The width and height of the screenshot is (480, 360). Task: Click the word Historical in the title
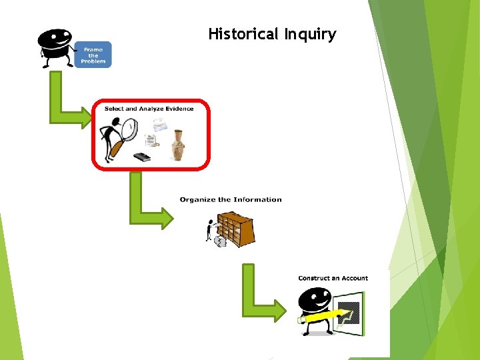point(243,34)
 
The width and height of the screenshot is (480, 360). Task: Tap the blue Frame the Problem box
point(93,54)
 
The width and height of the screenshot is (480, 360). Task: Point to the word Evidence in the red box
point(176,109)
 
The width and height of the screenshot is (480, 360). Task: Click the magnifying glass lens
point(128,129)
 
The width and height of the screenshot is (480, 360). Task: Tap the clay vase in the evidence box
point(178,145)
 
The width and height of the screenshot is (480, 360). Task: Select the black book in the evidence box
point(142,157)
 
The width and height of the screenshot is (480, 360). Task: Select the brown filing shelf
point(238,229)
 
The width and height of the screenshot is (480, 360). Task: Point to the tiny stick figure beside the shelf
point(211,230)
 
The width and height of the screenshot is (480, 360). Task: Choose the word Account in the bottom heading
point(355,278)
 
